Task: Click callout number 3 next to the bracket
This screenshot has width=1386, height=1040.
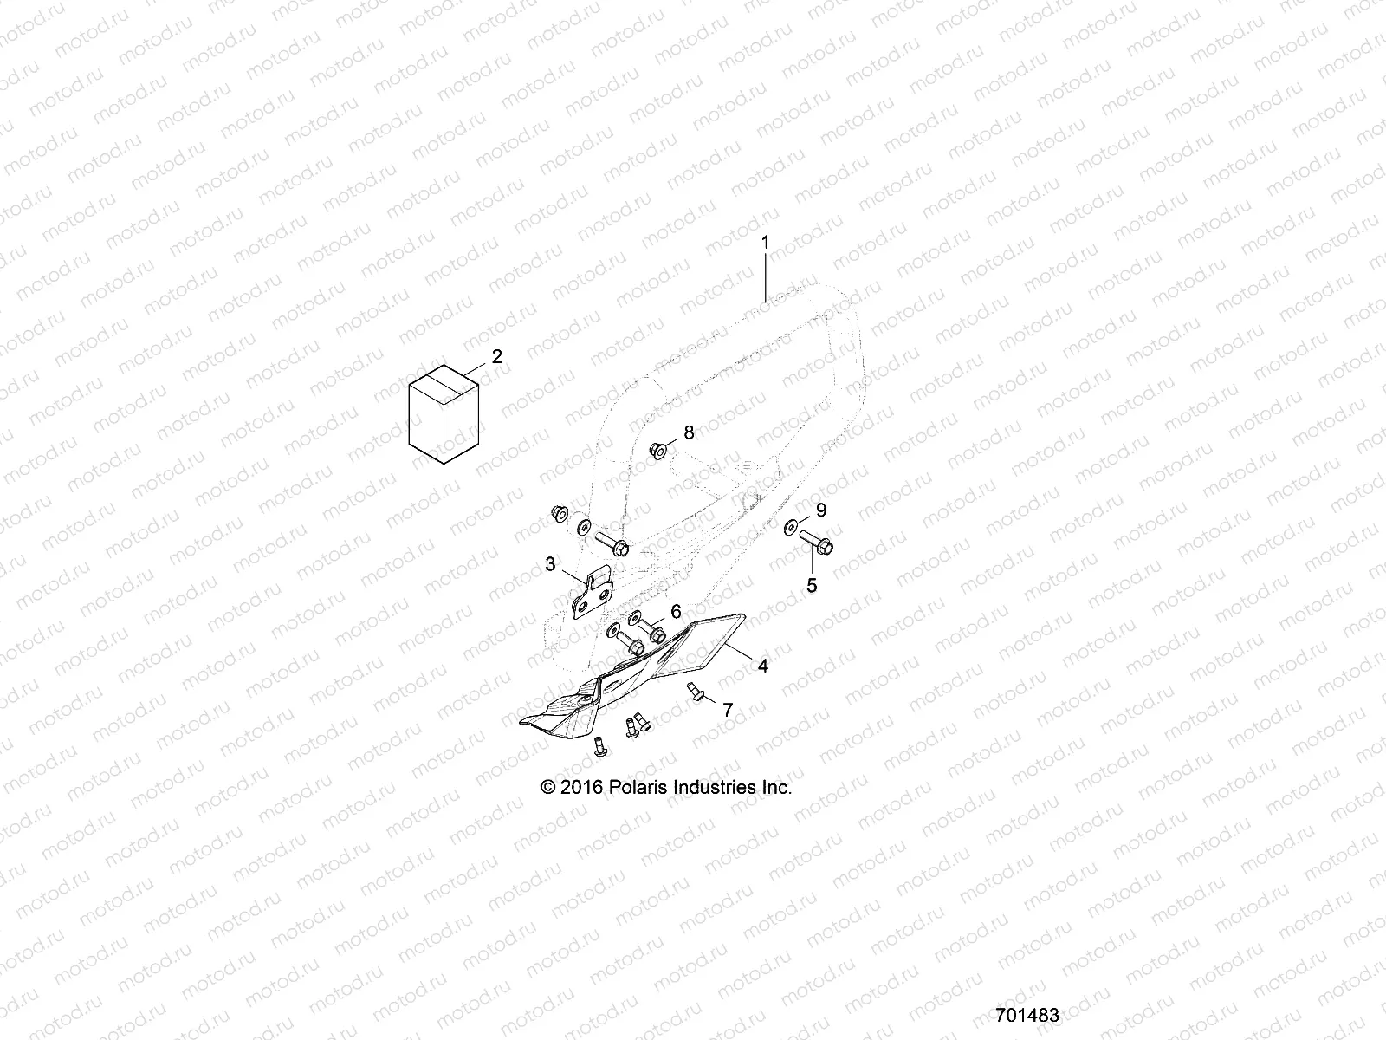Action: pos(551,564)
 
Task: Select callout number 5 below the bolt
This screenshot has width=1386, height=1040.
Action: pos(812,586)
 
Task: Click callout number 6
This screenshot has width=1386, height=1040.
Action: pos(676,611)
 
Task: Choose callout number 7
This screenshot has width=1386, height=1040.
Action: pos(728,710)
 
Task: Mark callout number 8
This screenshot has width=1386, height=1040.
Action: pos(690,432)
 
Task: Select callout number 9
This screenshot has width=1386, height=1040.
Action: pos(821,510)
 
